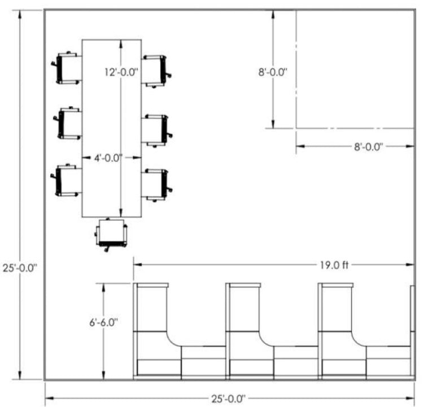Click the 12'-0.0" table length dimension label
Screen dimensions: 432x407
tap(121, 72)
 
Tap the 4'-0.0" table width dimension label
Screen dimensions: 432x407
tap(108, 158)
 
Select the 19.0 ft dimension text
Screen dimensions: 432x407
tap(334, 265)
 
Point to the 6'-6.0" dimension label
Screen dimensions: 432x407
tap(103, 322)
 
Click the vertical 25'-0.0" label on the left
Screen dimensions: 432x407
tap(20, 268)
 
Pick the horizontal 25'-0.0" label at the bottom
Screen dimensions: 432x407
tap(228, 399)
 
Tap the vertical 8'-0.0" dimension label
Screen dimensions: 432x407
tap(273, 72)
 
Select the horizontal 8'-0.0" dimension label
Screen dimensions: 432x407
tap(369, 147)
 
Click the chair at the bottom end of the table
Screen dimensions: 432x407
tap(111, 235)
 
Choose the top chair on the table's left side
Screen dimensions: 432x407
tap(67, 68)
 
